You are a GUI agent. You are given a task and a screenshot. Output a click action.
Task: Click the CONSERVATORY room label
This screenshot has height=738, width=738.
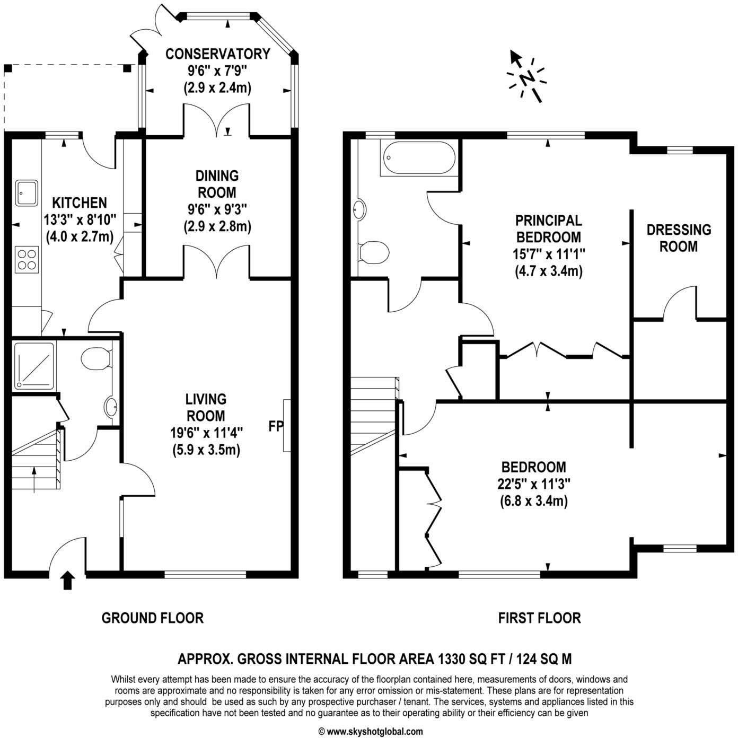217,54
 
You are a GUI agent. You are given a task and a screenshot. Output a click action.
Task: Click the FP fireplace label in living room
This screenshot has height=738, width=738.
276,426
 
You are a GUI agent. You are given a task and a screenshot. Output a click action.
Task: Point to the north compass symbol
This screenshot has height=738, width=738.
526,78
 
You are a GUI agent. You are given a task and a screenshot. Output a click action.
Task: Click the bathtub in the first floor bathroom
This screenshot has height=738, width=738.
418,158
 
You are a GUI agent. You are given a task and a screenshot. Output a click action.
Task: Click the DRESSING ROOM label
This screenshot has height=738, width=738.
679,238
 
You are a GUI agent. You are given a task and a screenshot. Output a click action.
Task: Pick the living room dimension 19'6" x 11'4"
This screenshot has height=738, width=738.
206,433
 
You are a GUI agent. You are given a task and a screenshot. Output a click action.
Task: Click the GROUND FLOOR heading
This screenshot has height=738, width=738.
152,618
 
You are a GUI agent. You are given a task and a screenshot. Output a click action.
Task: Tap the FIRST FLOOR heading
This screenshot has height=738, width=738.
539,618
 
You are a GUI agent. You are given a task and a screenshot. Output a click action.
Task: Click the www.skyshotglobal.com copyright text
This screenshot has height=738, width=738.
371,732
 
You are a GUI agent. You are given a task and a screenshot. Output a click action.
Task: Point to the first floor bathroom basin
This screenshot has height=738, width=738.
359,210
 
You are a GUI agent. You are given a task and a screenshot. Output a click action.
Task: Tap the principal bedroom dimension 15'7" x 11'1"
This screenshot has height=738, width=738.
548,254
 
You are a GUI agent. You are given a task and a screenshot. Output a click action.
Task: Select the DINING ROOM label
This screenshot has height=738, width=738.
217,183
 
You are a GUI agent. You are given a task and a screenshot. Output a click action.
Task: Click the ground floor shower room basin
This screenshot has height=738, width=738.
112,407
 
